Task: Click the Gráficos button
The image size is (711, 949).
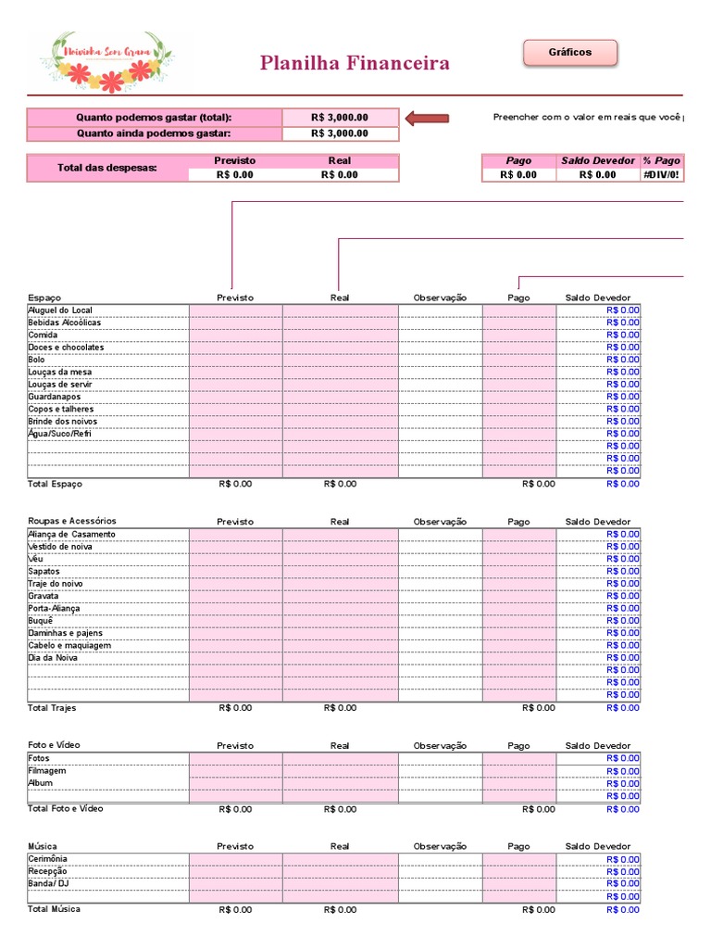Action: click(x=569, y=53)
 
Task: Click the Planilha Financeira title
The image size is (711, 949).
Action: click(x=355, y=63)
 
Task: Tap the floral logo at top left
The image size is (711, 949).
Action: click(x=107, y=61)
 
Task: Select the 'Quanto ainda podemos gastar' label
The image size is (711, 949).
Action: click(x=154, y=133)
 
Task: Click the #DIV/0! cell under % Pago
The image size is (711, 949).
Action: click(x=662, y=174)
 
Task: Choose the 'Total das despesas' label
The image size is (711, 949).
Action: click(x=106, y=168)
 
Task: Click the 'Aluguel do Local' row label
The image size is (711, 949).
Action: click(x=60, y=310)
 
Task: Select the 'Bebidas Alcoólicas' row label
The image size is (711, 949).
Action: click(x=65, y=323)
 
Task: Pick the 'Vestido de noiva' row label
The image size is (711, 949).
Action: click(x=60, y=547)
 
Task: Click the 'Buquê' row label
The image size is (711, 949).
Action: click(x=41, y=621)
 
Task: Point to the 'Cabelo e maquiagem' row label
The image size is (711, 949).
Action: click(x=69, y=645)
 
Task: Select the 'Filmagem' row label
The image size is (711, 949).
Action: click(x=47, y=771)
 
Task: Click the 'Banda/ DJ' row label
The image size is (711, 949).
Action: click(x=49, y=884)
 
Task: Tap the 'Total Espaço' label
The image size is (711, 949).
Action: click(x=55, y=484)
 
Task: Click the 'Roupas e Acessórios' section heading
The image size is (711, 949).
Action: click(x=72, y=521)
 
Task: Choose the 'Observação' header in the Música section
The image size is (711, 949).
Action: click(x=440, y=846)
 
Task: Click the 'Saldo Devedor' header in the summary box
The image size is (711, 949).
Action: click(x=597, y=161)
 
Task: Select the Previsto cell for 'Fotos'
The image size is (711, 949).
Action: click(x=235, y=758)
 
